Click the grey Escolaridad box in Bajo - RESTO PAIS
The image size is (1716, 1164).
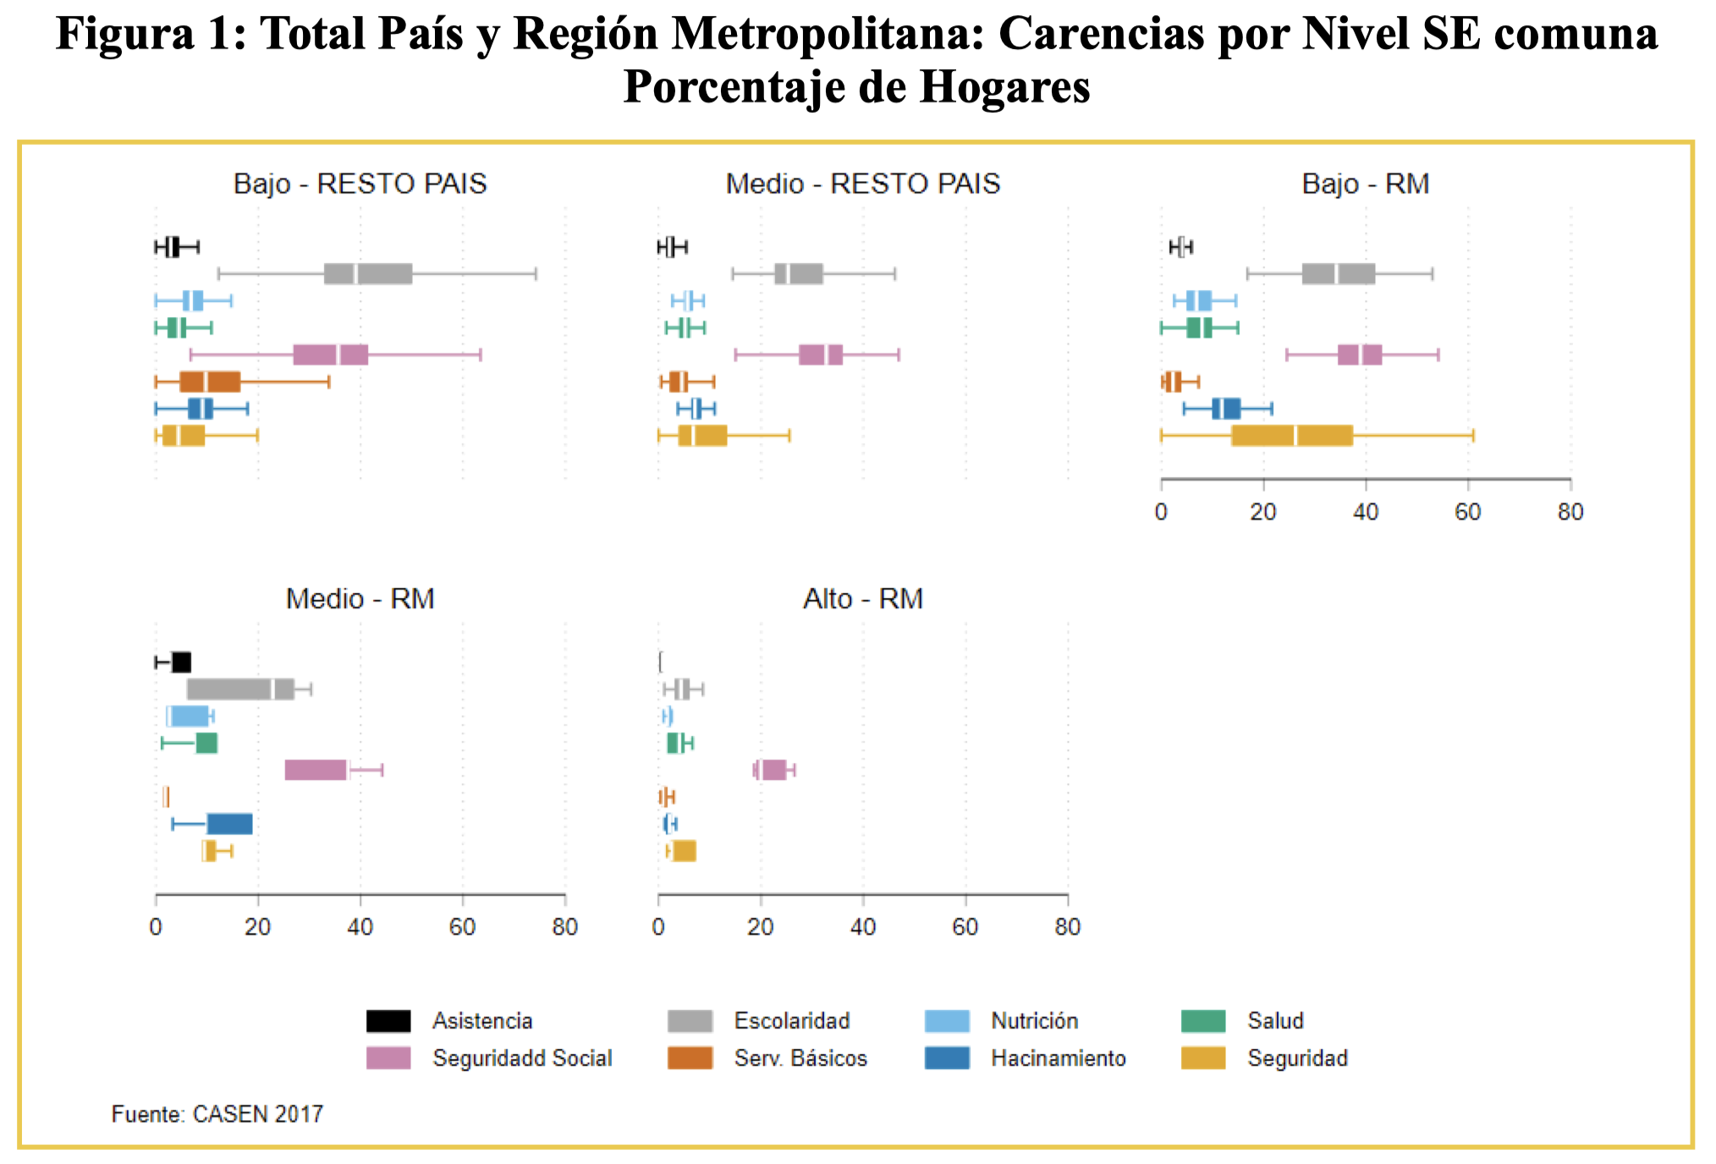tap(368, 274)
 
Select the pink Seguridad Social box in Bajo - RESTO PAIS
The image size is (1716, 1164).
tap(331, 355)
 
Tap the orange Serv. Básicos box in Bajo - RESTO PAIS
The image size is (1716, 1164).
tap(210, 382)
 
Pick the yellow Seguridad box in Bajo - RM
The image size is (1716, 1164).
tap(1292, 436)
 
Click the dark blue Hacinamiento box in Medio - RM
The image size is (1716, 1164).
tap(229, 824)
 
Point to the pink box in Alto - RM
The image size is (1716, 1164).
tap(772, 770)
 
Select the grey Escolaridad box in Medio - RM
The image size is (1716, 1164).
tap(240, 689)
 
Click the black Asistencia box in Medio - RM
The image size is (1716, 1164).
tap(181, 662)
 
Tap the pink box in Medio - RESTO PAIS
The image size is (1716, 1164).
tap(821, 355)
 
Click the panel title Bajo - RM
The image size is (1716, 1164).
tap(1366, 184)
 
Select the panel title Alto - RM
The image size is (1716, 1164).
tap(863, 599)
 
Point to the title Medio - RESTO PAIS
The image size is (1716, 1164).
tap(863, 184)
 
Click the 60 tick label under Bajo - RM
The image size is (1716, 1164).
tap(1468, 512)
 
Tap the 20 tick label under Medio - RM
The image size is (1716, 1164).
tap(258, 927)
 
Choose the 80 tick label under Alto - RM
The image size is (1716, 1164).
tap(1068, 927)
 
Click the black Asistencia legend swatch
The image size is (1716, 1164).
tap(388, 1021)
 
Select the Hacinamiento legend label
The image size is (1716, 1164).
tap(1059, 1058)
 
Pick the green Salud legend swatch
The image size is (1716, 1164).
tap(1203, 1021)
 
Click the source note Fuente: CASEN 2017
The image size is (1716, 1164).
tap(217, 1114)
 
